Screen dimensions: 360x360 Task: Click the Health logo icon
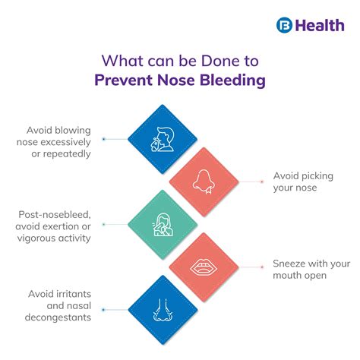tap(284, 24)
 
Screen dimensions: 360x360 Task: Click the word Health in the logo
tap(316, 24)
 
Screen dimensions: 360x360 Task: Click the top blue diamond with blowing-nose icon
tap(163, 140)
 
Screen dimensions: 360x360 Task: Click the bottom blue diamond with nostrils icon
tap(163, 308)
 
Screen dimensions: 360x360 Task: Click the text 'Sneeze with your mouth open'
tap(311, 270)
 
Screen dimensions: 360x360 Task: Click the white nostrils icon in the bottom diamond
tap(163, 308)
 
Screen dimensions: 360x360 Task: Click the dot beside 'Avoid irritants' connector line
tap(103, 309)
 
